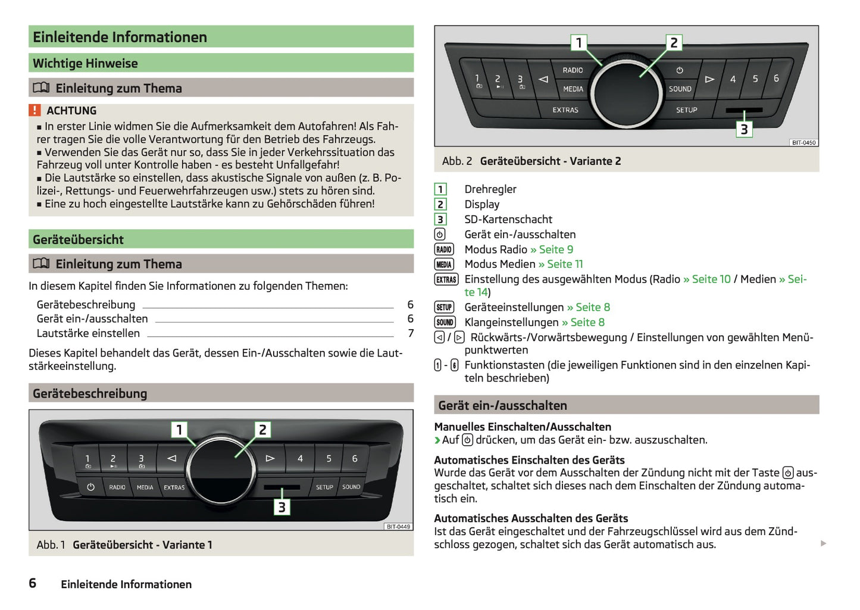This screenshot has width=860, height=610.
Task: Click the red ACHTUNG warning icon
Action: [35, 110]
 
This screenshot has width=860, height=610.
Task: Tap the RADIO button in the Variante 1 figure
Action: [117, 487]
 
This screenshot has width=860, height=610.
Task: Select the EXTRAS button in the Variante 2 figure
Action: [565, 110]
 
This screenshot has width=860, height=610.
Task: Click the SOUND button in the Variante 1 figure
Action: [351, 487]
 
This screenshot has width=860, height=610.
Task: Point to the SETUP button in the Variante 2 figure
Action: [686, 110]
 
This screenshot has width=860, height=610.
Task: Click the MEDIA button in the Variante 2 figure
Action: [573, 89]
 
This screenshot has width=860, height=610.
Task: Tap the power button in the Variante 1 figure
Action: [90, 487]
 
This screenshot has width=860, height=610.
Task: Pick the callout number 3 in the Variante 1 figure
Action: [282, 507]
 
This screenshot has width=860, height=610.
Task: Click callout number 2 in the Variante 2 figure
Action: [674, 43]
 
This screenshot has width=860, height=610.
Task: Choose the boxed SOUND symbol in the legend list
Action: [445, 323]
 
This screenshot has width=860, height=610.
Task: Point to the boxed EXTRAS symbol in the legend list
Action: [446, 280]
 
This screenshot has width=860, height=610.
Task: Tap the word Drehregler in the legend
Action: [490, 189]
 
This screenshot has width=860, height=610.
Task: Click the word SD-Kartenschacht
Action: [508, 220]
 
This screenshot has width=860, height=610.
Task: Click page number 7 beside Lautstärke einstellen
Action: [411, 333]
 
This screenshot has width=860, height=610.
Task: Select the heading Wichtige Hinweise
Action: [85, 63]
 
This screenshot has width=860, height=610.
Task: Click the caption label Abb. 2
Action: [456, 161]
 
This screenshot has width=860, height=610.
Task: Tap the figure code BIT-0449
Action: [398, 527]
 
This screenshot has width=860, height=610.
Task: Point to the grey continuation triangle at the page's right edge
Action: [823, 543]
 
